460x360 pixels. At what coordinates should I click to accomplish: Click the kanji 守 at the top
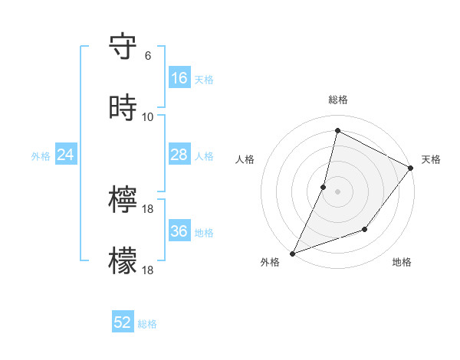pyautogui.click(x=123, y=47)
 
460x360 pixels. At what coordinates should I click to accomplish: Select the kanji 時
pyautogui.click(x=123, y=108)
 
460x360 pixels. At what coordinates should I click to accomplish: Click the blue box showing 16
pyautogui.click(x=179, y=78)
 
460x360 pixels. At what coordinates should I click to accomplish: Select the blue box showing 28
pyautogui.click(x=179, y=155)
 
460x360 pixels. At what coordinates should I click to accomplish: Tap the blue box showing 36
pyautogui.click(x=179, y=231)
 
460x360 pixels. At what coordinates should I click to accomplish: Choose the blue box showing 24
pyautogui.click(x=65, y=155)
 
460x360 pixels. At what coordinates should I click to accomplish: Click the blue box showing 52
pyautogui.click(x=123, y=322)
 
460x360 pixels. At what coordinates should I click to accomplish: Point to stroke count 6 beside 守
pyautogui.click(x=148, y=56)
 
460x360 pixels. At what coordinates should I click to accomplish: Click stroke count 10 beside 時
pyautogui.click(x=148, y=116)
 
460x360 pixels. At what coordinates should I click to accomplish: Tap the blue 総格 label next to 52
pyautogui.click(x=147, y=324)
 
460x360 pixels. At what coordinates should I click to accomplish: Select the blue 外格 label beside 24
pyautogui.click(x=41, y=156)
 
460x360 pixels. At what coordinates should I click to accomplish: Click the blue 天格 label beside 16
pyautogui.click(x=204, y=80)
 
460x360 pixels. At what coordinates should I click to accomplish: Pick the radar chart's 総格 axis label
pyautogui.click(x=338, y=100)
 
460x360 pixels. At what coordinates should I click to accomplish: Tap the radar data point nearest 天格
pyautogui.click(x=411, y=169)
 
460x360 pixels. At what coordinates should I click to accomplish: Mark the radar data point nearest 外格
pyautogui.click(x=293, y=253)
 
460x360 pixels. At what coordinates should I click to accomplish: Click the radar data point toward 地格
pyautogui.click(x=366, y=229)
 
